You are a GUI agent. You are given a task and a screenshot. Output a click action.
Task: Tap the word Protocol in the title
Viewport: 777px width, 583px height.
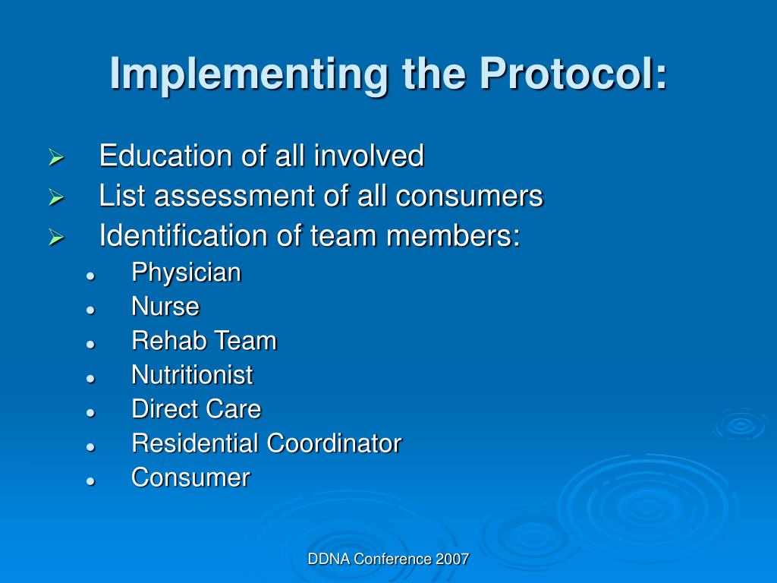[574, 73]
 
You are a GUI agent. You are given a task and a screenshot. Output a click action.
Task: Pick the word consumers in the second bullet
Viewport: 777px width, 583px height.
[470, 197]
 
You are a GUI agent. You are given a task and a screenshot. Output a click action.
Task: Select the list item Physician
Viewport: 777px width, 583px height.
[186, 273]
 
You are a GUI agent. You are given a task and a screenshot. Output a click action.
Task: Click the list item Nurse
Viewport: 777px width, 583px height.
[165, 307]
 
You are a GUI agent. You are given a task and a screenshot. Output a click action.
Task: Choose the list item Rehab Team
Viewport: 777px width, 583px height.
[204, 342]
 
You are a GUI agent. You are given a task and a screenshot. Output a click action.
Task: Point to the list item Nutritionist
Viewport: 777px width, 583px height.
[192, 375]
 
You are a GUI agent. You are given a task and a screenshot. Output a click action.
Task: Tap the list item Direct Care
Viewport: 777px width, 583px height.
[196, 409]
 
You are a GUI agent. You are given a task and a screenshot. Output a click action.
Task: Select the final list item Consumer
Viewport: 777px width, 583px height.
[190, 477]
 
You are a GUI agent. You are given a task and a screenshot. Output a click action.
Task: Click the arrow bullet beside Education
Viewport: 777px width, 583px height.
[55, 159]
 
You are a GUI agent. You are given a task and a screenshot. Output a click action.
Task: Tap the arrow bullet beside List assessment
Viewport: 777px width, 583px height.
[55, 198]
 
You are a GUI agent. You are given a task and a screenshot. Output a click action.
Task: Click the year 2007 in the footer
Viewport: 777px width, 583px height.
[452, 559]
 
